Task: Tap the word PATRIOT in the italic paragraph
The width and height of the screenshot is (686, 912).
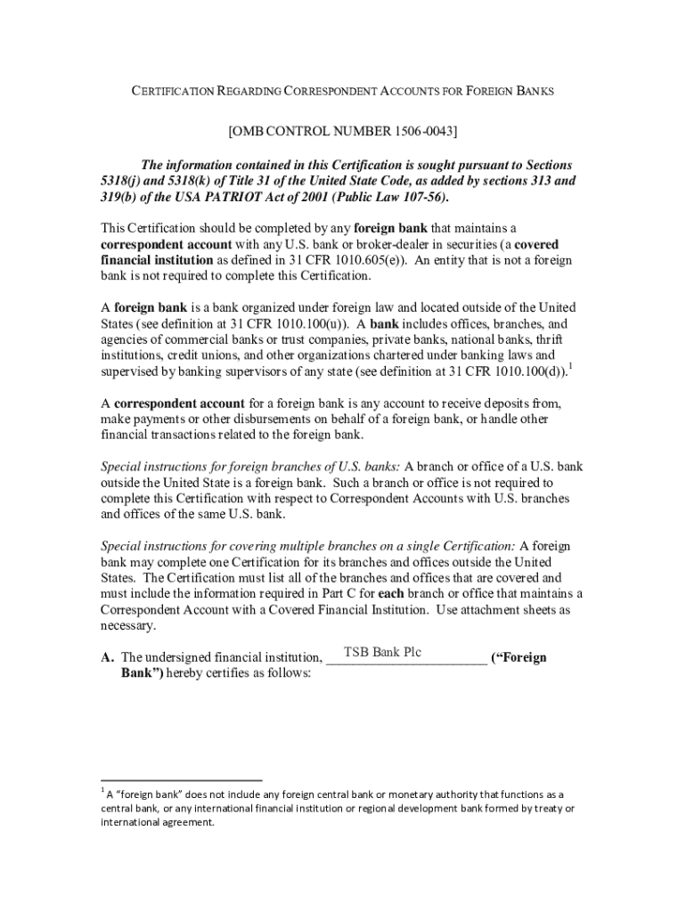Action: (211, 197)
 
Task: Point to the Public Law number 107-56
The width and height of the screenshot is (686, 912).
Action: (419, 197)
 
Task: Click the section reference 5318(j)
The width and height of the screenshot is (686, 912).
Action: (126, 181)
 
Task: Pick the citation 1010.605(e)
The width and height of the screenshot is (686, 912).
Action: (371, 260)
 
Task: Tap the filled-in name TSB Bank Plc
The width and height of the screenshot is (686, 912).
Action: (382, 653)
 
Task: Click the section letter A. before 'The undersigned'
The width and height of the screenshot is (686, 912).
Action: (108, 658)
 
